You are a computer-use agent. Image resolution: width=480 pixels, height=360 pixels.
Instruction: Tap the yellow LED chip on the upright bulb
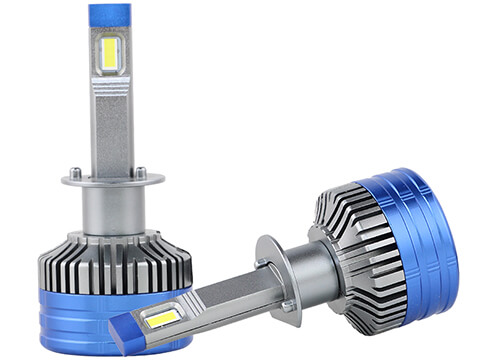coord(109,54)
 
